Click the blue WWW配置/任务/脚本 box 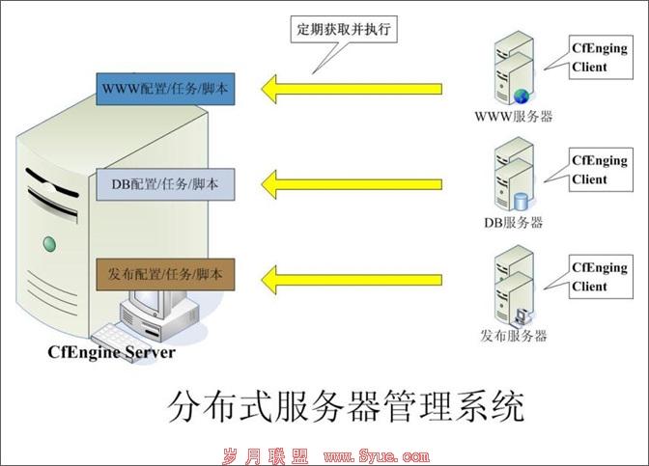[165, 89]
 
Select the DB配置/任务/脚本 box [165, 184]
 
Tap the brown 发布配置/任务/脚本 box [165, 275]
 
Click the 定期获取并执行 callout [344, 29]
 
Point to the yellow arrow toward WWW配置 [352, 89]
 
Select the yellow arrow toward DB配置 [352, 184]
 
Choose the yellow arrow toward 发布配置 [352, 280]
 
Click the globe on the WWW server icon [522, 96]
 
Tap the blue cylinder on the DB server [522, 202]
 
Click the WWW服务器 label [514, 116]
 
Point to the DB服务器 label [514, 223]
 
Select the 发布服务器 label [514, 336]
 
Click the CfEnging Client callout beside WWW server [601, 57]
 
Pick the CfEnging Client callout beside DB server [601, 170]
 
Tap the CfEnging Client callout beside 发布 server [601, 277]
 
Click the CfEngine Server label [111, 352]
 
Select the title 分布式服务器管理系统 [346, 406]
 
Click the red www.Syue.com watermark [377, 456]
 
